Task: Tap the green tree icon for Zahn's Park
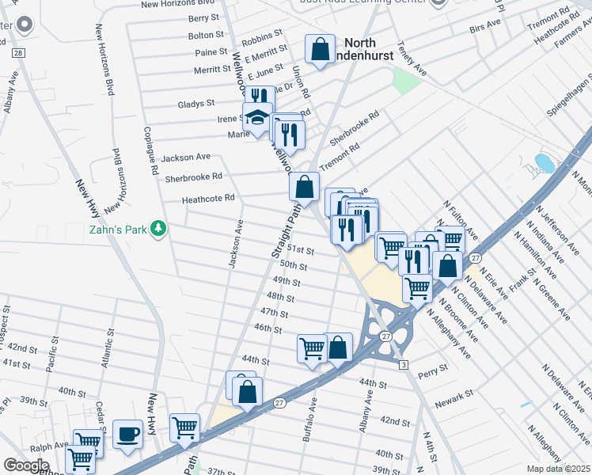[159, 229]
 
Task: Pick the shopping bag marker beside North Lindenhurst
[319, 49]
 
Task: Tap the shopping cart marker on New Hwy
[185, 427]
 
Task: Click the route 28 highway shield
[18, 52]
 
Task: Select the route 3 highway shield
[404, 363]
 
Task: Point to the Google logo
[26, 465]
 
